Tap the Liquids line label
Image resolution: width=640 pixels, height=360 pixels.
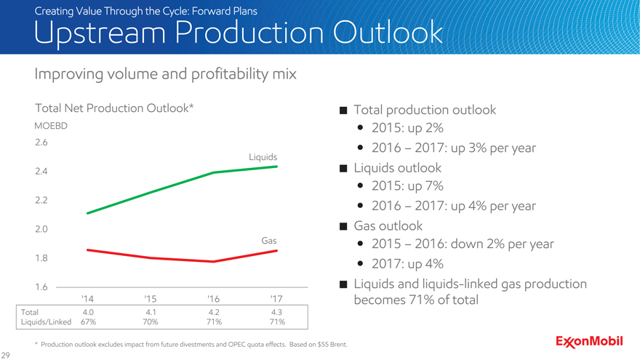[x=263, y=157]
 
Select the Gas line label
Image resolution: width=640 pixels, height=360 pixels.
[x=268, y=240]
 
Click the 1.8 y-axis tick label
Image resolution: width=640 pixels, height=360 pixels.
[x=41, y=257]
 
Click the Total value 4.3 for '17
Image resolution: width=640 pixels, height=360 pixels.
[x=276, y=311]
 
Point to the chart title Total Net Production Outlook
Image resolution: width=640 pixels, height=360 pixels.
[x=114, y=108]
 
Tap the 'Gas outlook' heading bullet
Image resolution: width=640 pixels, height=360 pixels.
[x=387, y=225]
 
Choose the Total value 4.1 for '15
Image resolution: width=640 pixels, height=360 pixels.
[x=151, y=311]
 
